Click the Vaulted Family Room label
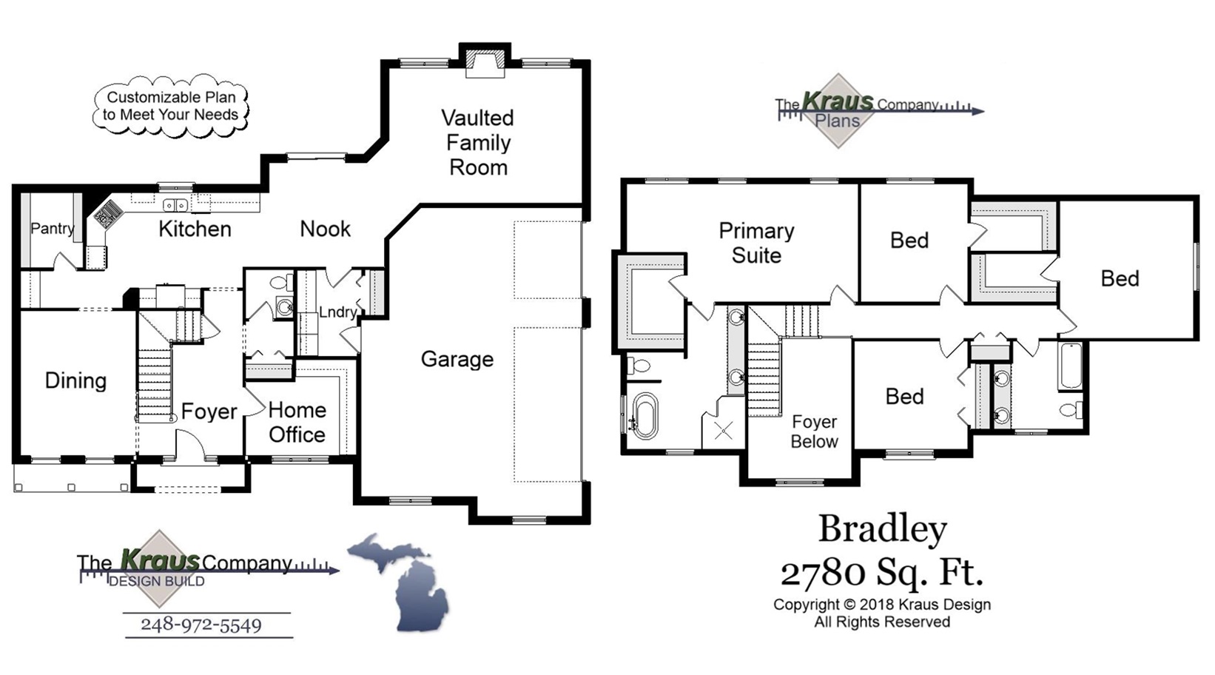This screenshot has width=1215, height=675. (477, 142)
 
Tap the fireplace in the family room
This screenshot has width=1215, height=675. (485, 62)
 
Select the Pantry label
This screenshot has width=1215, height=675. (52, 229)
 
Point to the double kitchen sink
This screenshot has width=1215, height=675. (175, 205)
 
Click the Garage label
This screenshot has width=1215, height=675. (457, 360)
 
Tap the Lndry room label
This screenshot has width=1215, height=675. (337, 312)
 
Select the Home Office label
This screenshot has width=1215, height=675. (297, 422)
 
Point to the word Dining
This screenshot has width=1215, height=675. (75, 380)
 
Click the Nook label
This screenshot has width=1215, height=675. (325, 229)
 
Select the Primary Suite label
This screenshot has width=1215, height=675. (755, 243)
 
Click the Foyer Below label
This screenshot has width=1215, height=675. (814, 431)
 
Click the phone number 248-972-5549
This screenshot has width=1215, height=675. (201, 625)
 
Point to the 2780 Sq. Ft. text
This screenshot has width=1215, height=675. (882, 572)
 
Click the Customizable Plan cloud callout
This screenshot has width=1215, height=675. (171, 106)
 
